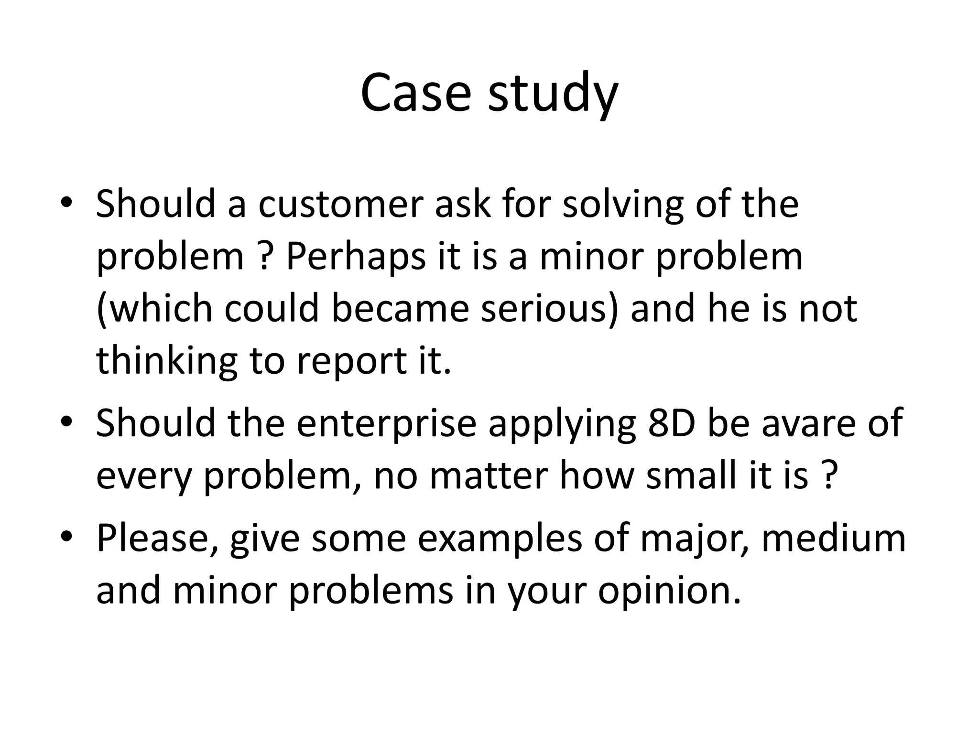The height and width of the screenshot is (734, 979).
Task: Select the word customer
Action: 341,204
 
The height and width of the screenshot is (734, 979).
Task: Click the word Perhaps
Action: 356,257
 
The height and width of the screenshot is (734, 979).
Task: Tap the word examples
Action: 500,539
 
